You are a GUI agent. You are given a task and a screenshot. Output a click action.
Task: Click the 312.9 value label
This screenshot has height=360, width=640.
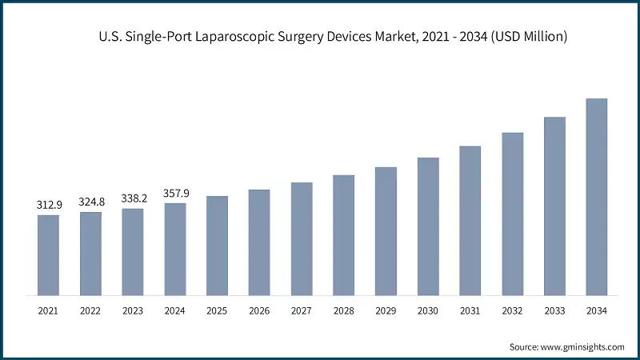pos(48,206)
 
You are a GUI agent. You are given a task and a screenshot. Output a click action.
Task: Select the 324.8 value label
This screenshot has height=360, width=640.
pos(90,202)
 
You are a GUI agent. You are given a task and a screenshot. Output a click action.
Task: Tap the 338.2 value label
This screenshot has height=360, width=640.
pos(133,199)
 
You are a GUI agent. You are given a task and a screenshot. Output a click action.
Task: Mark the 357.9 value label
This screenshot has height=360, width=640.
pos(175,194)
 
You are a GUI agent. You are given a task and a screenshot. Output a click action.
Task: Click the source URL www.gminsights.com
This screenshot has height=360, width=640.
pos(583,346)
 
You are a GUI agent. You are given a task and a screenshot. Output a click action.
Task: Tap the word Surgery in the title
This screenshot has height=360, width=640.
pos(281,37)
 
